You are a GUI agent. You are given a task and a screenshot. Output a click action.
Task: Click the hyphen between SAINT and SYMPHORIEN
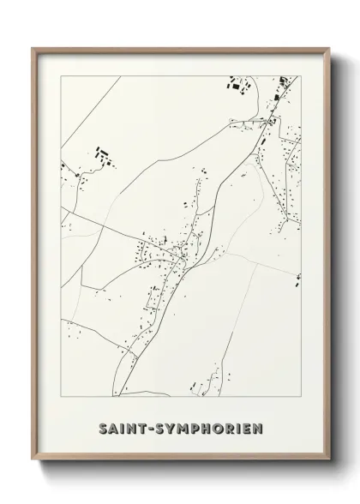pos(147,426)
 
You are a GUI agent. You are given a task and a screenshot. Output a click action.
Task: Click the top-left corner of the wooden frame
pos(32,47)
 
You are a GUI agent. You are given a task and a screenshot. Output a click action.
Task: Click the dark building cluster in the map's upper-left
pos(102,157)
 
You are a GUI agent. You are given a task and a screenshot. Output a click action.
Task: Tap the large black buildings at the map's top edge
pos(236,84)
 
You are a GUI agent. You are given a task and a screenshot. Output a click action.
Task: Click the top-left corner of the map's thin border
pos(60,76)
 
